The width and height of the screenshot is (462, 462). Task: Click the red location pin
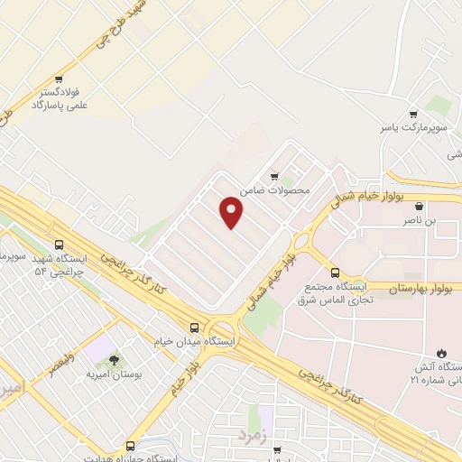(233, 212)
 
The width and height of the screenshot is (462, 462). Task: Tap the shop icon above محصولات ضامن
(273, 177)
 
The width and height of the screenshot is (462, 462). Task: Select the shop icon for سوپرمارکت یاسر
(412, 115)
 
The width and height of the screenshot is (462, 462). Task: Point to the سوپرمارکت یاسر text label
(412, 129)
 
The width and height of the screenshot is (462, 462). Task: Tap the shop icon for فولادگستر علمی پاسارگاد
(59, 79)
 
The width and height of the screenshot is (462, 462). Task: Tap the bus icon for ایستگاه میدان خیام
(195, 327)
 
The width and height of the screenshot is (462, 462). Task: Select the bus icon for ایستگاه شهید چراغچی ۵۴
(60, 245)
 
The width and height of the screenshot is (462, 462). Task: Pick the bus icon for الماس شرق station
(335, 272)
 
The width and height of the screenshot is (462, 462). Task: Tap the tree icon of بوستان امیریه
(114, 359)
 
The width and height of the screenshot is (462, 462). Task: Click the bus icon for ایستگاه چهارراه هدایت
(131, 446)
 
